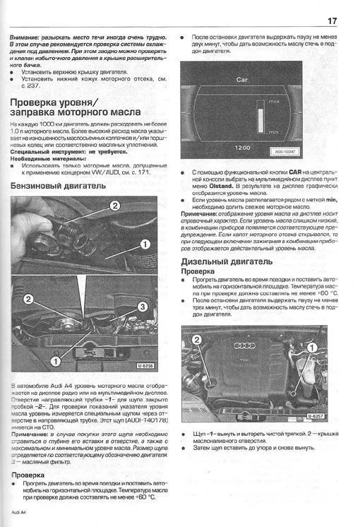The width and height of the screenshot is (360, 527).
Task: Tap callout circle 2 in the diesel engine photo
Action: point(197,340)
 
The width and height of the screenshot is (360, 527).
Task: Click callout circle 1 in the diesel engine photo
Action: point(308,348)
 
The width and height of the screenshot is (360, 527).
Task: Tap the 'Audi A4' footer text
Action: point(20,511)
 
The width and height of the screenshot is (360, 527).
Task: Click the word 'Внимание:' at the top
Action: point(28,35)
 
